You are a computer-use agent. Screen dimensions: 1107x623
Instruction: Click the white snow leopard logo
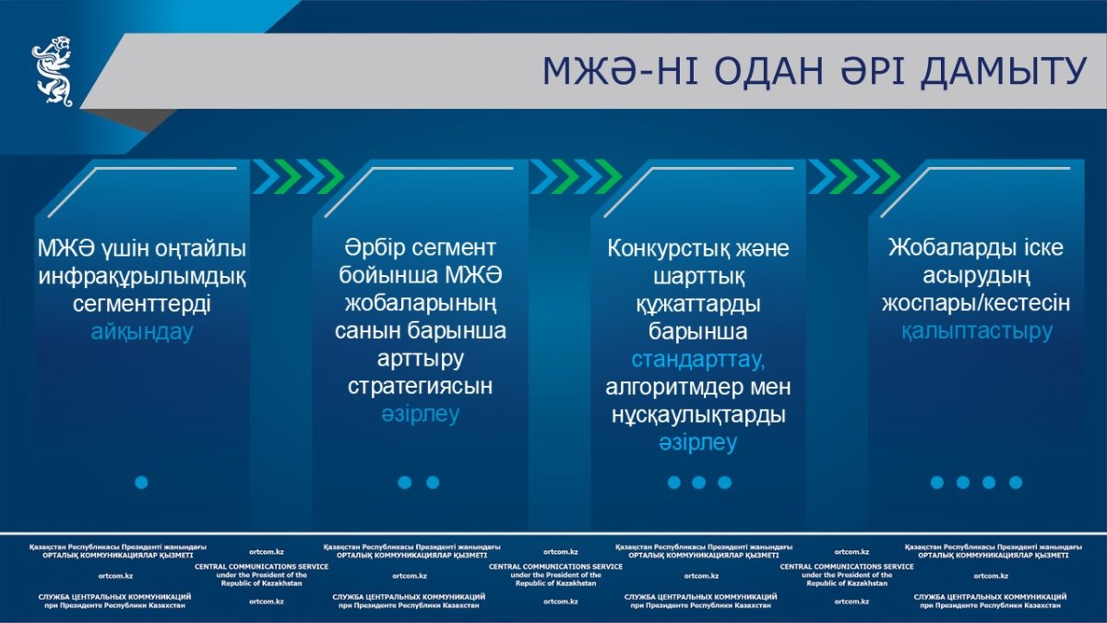pyautogui.click(x=53, y=71)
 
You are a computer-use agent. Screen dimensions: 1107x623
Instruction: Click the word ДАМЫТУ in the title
pyautogui.click(x=1004, y=72)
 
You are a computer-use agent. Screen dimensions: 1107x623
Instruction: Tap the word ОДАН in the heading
pyautogui.click(x=769, y=71)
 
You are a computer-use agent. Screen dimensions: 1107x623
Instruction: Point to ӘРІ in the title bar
pyautogui.click(x=873, y=71)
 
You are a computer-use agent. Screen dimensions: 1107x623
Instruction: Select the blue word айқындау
pyautogui.click(x=142, y=331)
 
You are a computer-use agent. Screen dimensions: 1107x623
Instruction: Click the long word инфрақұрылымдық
pyautogui.click(x=142, y=277)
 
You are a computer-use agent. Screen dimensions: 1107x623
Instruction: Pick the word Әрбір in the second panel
pyautogui.click(x=375, y=247)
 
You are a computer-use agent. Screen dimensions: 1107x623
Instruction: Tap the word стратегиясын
pyautogui.click(x=420, y=386)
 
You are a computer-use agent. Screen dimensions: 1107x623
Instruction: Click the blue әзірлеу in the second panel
pyautogui.click(x=420, y=413)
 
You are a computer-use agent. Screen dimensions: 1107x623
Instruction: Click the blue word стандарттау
pyautogui.click(x=697, y=359)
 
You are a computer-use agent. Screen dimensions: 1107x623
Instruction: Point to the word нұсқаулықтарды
pyautogui.click(x=698, y=414)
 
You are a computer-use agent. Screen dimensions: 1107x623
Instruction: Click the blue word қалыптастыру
pyautogui.click(x=977, y=331)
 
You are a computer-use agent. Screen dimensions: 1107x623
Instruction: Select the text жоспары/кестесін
pyautogui.click(x=976, y=304)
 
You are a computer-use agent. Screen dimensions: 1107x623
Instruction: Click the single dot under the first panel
pyautogui.click(x=141, y=483)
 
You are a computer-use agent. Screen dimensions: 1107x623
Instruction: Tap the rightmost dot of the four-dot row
pyautogui.click(x=1016, y=483)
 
